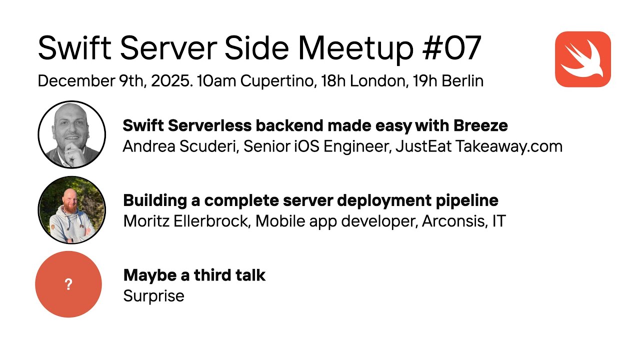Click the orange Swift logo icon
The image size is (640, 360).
[582, 59]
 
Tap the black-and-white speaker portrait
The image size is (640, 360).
[71, 134]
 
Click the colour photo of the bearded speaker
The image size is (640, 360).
[71, 210]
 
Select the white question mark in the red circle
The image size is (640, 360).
[68, 284]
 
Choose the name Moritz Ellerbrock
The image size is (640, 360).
[186, 221]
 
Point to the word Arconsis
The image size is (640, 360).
[452, 221]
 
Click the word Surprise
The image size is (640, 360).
[153, 295]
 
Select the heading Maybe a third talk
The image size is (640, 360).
[194, 275]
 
